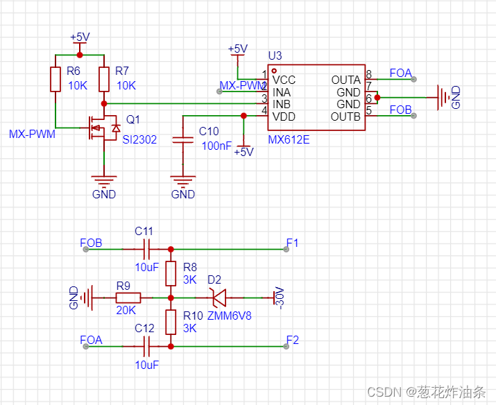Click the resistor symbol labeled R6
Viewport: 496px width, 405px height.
pyautogui.click(x=55, y=79)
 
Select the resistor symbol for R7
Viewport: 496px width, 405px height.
pyautogui.click(x=104, y=79)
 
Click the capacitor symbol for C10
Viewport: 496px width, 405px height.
pyautogui.click(x=183, y=140)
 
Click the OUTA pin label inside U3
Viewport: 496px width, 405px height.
pyautogui.click(x=345, y=80)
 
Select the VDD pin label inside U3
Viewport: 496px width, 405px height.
pyautogui.click(x=284, y=117)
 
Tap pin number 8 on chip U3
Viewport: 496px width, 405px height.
pyautogui.click(x=368, y=74)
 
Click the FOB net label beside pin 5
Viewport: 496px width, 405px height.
pyautogui.click(x=400, y=110)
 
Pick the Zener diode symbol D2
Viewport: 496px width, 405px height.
pyautogui.click(x=219, y=298)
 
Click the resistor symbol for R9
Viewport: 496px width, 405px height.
pyautogui.click(x=128, y=298)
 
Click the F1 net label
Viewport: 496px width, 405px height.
pyautogui.click(x=292, y=243)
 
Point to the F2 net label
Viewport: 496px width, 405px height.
pyautogui.click(x=292, y=341)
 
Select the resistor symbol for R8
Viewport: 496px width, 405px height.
pyautogui.click(x=171, y=273)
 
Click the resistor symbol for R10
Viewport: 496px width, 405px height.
pyautogui.click(x=171, y=322)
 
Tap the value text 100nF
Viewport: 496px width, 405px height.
pyautogui.click(x=216, y=146)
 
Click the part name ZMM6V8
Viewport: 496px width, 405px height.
pyautogui.click(x=228, y=316)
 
